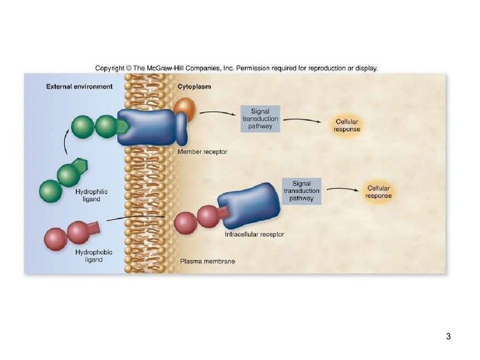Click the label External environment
click(x=79, y=86)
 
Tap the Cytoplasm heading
click(x=194, y=86)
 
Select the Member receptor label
click(x=202, y=152)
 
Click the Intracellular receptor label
click(x=255, y=234)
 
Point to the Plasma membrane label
click(x=208, y=261)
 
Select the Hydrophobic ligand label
click(x=94, y=255)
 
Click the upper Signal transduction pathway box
click(x=260, y=119)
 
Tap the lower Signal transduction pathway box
click(x=301, y=191)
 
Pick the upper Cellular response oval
click(x=347, y=125)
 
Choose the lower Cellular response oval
click(x=378, y=192)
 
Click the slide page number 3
click(x=448, y=336)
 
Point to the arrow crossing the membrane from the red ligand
click(x=136, y=217)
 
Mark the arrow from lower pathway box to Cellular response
click(x=341, y=189)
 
